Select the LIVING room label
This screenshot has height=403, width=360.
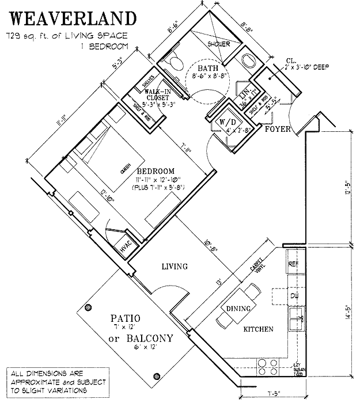[x=175, y=266]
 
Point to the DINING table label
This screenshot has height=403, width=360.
[x=238, y=309]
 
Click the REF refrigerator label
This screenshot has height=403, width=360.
[x=293, y=264]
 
